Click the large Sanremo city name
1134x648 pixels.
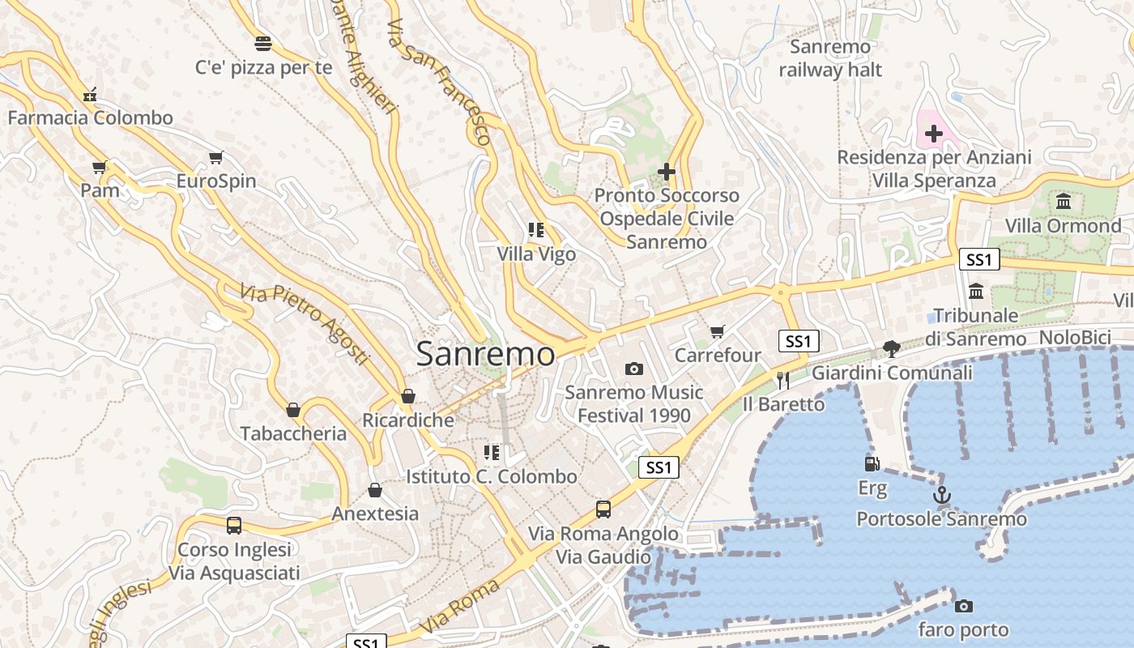click(x=485, y=354)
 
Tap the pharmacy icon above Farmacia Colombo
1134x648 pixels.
click(x=90, y=95)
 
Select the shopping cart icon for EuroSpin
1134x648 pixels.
click(x=215, y=157)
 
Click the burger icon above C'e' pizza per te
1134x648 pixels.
click(x=263, y=43)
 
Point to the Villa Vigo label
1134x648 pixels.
click(x=536, y=254)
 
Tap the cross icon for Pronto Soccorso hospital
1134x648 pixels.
click(x=667, y=172)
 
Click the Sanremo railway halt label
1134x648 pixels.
click(x=830, y=58)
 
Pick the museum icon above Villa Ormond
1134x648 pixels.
click(x=1064, y=201)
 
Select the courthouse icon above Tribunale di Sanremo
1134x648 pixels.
click(x=976, y=291)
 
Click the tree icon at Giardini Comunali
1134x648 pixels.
click(x=892, y=349)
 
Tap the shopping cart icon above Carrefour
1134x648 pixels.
click(x=717, y=331)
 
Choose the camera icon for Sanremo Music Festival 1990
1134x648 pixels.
click(x=634, y=369)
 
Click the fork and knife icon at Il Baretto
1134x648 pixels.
click(x=782, y=380)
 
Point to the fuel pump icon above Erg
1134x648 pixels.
click(x=872, y=464)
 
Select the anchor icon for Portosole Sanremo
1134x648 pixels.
click(x=941, y=495)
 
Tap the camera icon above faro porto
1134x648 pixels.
click(x=963, y=606)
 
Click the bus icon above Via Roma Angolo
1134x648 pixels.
click(x=603, y=509)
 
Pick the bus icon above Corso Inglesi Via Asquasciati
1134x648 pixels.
click(x=234, y=525)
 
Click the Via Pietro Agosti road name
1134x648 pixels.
click(x=305, y=323)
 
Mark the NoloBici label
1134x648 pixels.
click(x=1077, y=337)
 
